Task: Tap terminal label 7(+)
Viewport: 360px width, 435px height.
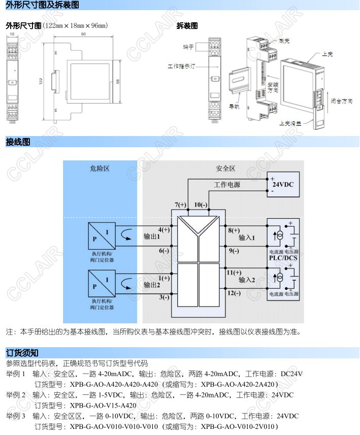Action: (181, 205)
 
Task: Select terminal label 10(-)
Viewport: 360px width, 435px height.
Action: (201, 205)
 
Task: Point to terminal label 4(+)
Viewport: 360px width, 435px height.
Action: (163, 229)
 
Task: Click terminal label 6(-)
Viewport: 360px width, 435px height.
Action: (163, 250)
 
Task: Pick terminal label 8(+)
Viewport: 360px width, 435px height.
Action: (234, 230)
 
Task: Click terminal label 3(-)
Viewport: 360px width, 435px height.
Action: (163, 297)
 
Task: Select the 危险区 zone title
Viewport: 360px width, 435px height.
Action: (100, 169)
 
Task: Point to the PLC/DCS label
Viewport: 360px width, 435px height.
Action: (283, 258)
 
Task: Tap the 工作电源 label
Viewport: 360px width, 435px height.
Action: (227, 185)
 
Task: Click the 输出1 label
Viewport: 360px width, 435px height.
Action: (152, 237)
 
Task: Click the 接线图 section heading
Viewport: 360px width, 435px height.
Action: (18, 142)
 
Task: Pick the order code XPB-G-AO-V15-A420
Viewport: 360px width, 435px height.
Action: (103, 405)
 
